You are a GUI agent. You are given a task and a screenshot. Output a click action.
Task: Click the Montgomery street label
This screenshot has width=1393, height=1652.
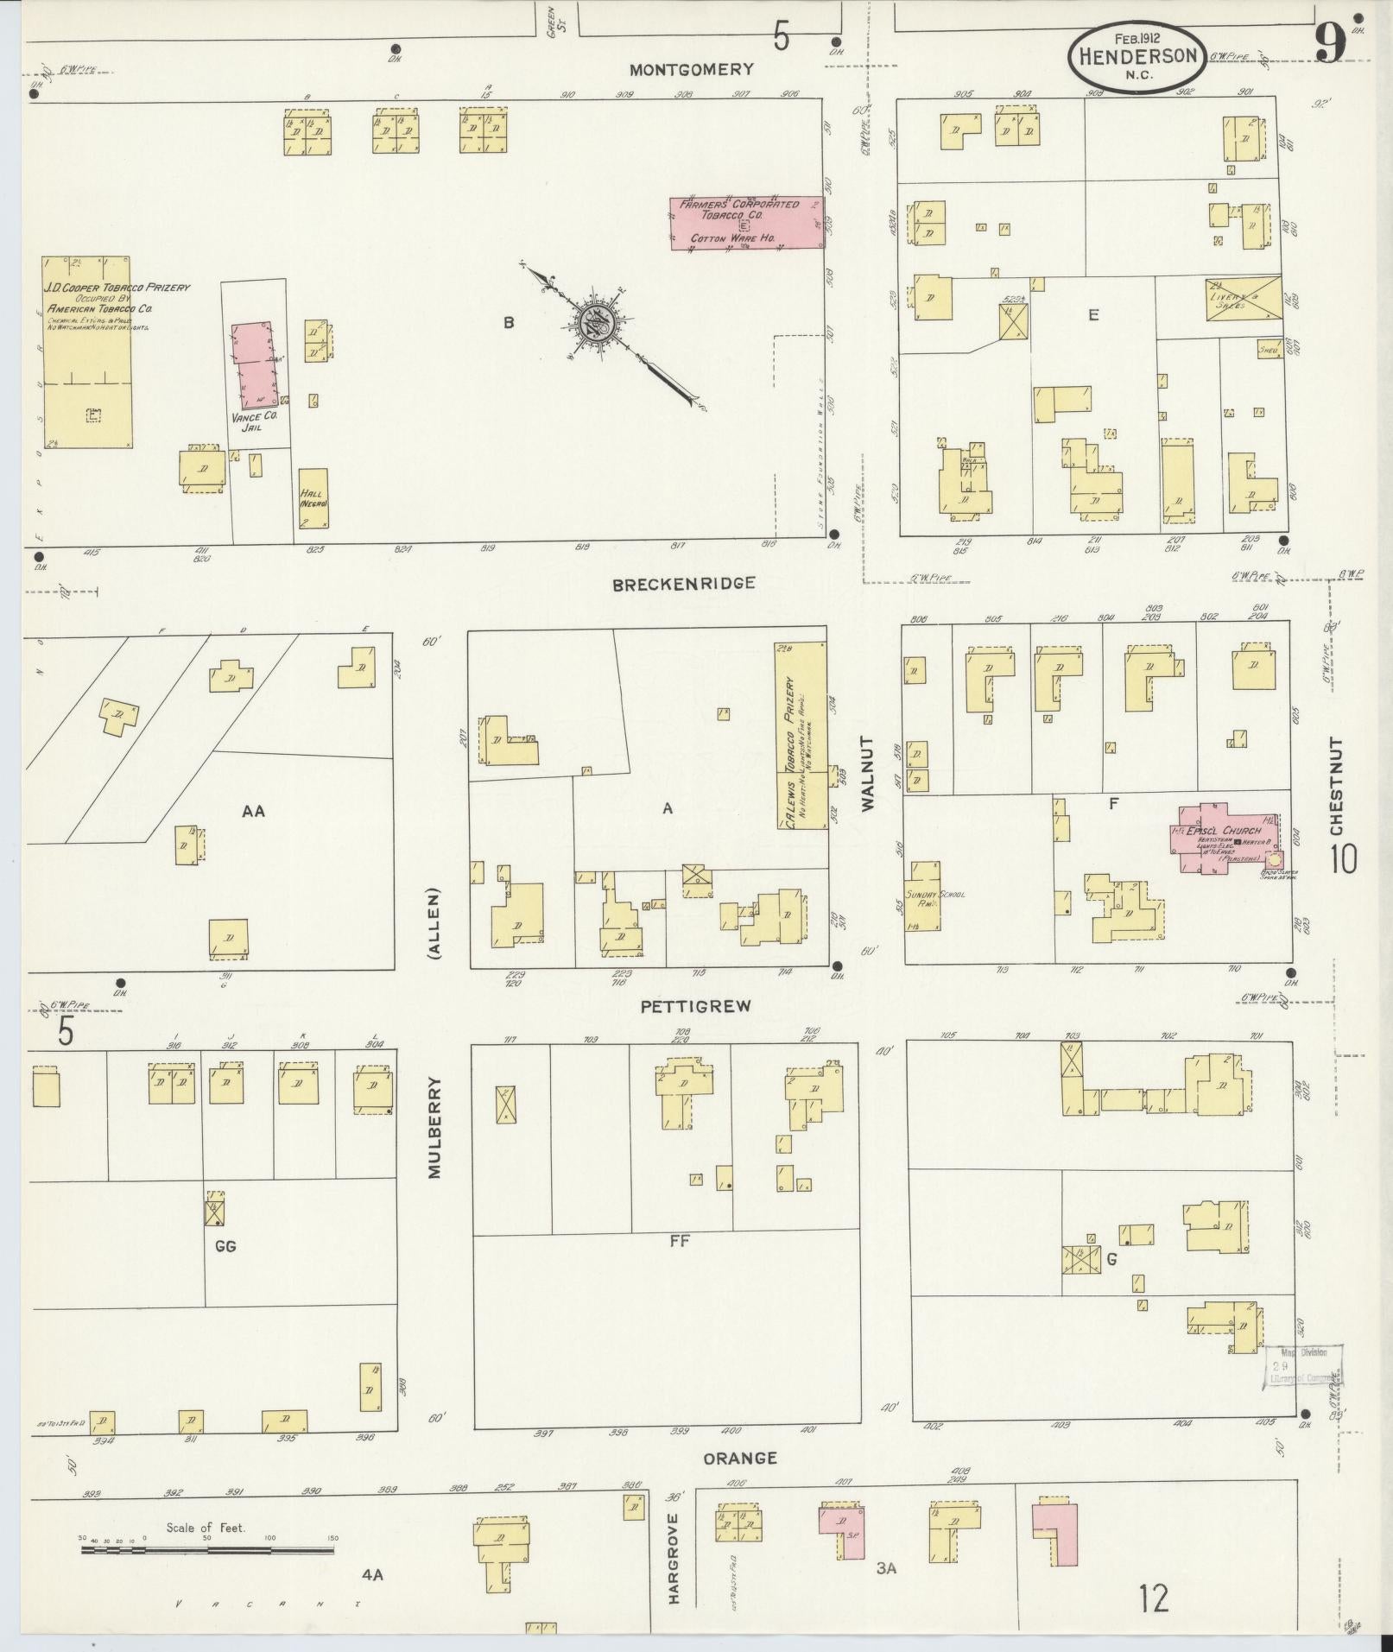point(691,70)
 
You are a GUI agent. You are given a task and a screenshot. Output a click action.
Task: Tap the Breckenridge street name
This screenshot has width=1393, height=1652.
point(683,584)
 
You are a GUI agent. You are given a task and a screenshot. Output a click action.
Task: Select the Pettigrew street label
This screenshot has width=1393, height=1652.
point(695,1006)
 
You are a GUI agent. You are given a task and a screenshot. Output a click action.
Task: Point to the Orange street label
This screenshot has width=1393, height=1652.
point(739,1459)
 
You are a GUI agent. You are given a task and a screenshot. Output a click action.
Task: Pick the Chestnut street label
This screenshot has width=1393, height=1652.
point(1338,794)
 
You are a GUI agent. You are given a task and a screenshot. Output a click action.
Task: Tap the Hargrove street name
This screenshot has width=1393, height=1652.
point(674,1571)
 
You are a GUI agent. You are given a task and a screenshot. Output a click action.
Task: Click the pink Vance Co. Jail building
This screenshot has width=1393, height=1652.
point(255,365)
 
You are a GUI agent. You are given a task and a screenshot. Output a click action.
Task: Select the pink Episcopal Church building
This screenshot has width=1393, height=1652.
point(1224,839)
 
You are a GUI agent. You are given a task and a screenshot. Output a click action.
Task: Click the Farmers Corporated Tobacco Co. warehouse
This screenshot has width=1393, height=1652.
point(747,224)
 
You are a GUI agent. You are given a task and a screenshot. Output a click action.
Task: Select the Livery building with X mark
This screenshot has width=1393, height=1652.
point(1242,296)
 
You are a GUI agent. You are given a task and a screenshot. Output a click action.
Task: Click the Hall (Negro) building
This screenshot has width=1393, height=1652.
point(312,498)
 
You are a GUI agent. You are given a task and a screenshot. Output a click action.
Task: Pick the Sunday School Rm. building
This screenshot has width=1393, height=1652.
point(922,895)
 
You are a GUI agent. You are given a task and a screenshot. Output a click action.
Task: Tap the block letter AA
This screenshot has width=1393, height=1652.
point(253,811)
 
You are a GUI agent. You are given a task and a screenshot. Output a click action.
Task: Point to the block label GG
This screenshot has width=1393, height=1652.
point(225,1245)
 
